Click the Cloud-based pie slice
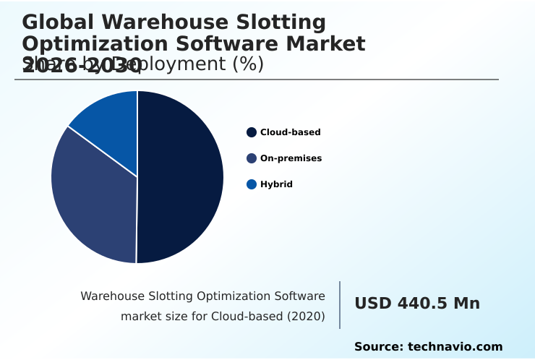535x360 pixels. pyautogui.click(x=181, y=177)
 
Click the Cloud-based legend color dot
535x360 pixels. pyautogui.click(x=252, y=132)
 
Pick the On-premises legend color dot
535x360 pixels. pyautogui.click(x=252, y=158)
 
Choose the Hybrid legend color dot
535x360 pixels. pyautogui.click(x=252, y=184)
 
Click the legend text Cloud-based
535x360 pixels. pyautogui.click(x=290, y=132)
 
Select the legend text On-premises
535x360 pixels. pyautogui.click(x=291, y=158)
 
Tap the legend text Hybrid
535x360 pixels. pyautogui.click(x=276, y=184)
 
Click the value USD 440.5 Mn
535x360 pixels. pyautogui.click(x=417, y=304)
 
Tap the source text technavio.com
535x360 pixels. pyautogui.click(x=455, y=347)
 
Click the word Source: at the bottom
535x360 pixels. pyautogui.click(x=378, y=347)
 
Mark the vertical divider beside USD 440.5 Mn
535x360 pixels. pyautogui.click(x=340, y=305)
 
